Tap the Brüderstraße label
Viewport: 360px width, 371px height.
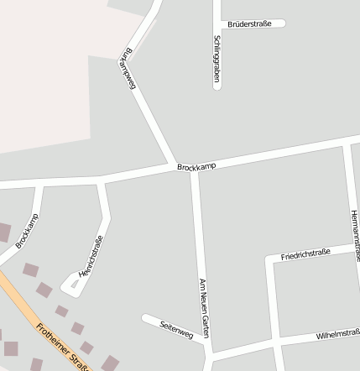[x=249, y=24]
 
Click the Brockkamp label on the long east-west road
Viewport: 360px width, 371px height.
[x=196, y=166]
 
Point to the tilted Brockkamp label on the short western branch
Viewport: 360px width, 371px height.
[x=27, y=231]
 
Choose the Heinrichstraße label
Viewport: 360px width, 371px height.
[x=91, y=257]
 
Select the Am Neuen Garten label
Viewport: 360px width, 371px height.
[x=202, y=308]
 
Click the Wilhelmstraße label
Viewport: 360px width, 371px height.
[x=337, y=335]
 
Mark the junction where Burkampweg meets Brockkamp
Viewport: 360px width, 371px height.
[x=174, y=164]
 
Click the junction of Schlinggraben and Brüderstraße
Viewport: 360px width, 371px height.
[x=217, y=24]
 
